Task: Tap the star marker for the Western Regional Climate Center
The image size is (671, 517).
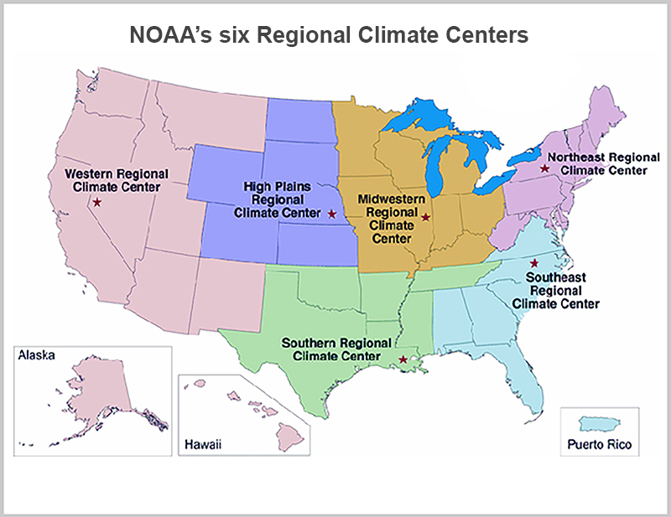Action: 97,203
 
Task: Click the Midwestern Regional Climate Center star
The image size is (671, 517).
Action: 425,218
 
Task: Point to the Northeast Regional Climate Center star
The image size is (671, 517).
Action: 544,168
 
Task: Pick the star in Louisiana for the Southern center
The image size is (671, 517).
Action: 403,360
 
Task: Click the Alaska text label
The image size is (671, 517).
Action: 36,355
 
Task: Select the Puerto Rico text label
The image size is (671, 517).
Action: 598,444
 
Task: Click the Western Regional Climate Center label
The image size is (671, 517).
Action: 117,179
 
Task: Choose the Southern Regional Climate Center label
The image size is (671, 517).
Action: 335,349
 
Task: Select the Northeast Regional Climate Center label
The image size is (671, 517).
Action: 597,163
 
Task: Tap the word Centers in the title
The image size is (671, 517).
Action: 487,36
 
